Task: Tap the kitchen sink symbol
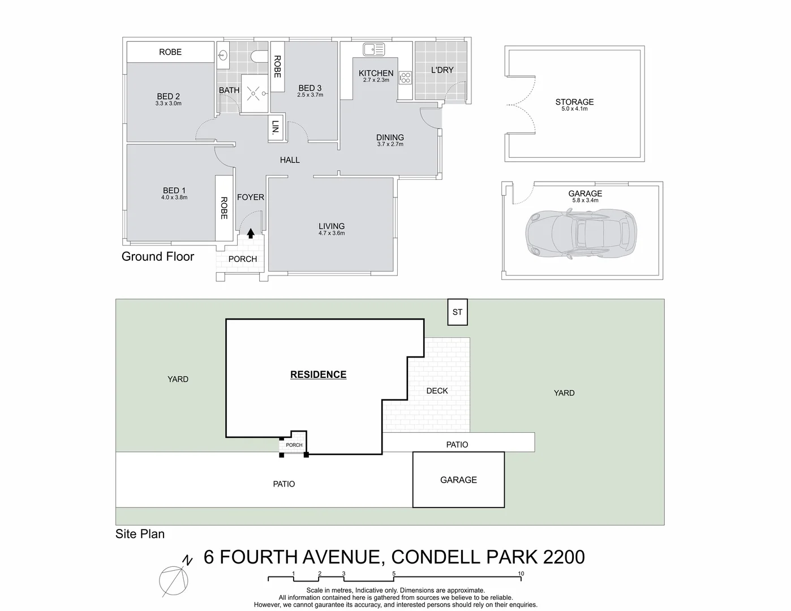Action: click(373, 50)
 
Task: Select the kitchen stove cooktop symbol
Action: click(405, 78)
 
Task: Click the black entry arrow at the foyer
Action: click(250, 232)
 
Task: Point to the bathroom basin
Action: click(223, 55)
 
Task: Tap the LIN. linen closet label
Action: click(276, 127)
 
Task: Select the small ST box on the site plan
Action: click(457, 312)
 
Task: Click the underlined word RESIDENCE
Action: click(318, 375)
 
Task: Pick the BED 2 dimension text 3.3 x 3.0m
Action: click(168, 104)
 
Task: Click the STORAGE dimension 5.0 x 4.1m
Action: click(574, 109)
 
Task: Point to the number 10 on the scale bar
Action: click(521, 574)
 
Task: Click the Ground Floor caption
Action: click(158, 257)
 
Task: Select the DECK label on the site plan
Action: click(437, 391)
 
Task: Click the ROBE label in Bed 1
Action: click(223, 208)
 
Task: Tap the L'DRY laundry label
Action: click(442, 70)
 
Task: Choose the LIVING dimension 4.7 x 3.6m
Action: click(331, 233)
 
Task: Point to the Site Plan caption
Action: click(140, 533)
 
